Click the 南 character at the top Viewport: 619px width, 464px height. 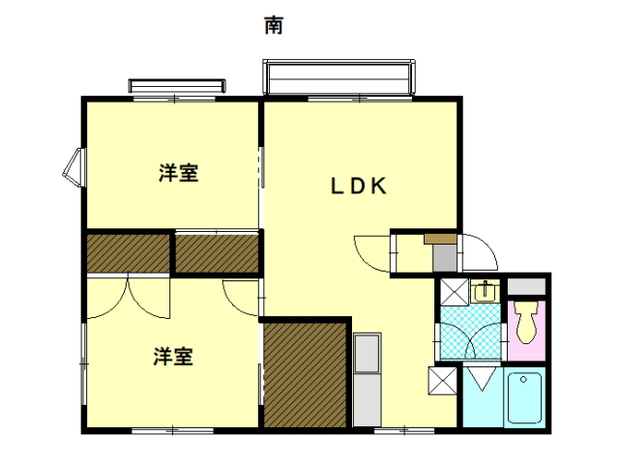tap(274, 25)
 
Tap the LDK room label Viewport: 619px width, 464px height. tap(359, 186)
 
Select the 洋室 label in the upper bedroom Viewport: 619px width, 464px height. tap(178, 173)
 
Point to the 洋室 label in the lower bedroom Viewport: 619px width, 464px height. tap(173, 357)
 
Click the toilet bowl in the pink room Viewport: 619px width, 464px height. tap(525, 322)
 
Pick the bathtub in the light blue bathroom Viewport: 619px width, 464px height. tap(524, 397)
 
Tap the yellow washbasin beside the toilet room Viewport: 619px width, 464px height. tap(485, 291)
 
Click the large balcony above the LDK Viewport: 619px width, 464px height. tap(339, 77)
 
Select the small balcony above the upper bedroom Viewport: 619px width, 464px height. tap(177, 86)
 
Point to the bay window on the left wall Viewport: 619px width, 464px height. tap(74, 167)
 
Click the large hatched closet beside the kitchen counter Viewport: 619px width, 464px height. tap(305, 374)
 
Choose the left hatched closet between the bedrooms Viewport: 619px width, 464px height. tap(129, 253)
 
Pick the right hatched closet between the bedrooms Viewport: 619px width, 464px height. tap(217, 253)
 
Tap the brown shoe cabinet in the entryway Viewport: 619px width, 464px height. tap(441, 239)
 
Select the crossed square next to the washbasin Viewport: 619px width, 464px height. tap(454, 292)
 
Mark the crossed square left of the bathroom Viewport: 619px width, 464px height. tap(443, 381)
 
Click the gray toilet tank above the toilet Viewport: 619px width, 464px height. tap(526, 286)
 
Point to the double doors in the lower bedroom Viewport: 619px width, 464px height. tap(129, 298)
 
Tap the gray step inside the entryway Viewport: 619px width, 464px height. tap(445, 258)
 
